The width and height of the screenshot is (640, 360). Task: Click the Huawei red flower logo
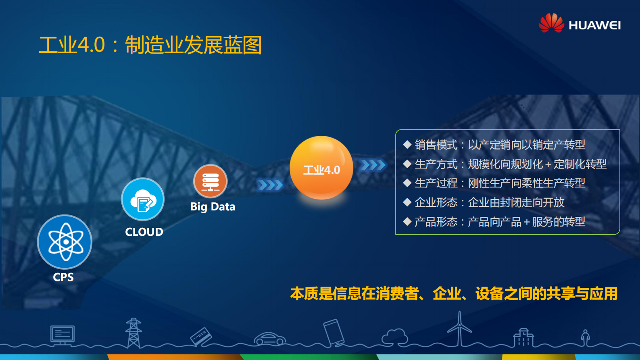551,23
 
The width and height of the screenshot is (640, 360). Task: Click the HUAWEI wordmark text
594,25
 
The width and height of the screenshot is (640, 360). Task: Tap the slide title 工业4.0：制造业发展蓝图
150,45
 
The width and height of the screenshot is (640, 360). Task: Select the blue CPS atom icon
65,242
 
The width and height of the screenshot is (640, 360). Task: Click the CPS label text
63,277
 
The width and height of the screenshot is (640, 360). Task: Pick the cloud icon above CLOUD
143,200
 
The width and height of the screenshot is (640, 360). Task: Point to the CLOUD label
144,232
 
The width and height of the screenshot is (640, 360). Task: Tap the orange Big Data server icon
210,181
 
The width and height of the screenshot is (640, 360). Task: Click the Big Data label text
213,207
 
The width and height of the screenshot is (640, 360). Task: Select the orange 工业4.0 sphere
321,168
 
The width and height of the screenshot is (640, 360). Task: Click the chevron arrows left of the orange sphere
270,185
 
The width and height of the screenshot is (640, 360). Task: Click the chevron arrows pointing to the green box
372,165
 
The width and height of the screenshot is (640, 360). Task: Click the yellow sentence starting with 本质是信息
454,294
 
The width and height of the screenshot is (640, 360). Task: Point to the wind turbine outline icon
459,329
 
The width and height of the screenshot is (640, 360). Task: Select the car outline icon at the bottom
270,339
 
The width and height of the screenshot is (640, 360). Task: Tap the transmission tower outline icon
133,333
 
